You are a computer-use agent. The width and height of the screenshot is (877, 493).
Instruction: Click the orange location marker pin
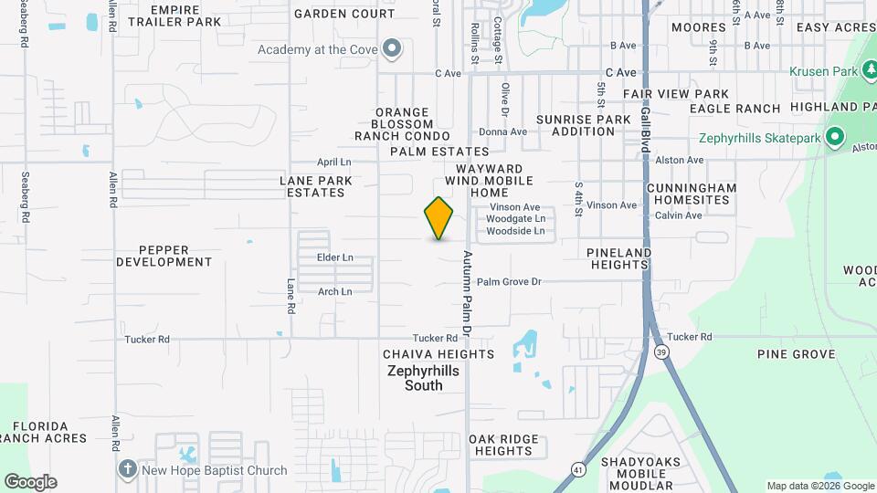(x=438, y=217)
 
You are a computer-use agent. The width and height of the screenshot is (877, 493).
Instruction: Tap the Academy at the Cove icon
(x=393, y=48)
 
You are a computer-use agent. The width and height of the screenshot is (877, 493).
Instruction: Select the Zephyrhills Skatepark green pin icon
(x=834, y=139)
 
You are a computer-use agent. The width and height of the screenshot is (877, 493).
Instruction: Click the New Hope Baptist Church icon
(x=128, y=469)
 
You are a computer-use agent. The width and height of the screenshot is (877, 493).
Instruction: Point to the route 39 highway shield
(x=660, y=351)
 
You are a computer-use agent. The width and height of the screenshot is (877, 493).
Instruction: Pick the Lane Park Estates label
(x=316, y=186)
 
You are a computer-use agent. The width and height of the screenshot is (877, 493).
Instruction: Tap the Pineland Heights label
(x=618, y=258)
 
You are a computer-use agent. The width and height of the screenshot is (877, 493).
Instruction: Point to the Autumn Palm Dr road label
(x=466, y=292)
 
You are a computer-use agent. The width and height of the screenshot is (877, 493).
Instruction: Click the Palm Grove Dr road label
(x=509, y=282)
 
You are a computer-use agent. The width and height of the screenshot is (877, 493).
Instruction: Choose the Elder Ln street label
(x=334, y=257)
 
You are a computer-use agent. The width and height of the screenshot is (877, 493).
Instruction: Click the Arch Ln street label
(x=334, y=292)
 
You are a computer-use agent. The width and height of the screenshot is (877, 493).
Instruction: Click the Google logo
(x=30, y=481)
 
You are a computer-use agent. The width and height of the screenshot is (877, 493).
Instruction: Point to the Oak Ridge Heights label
(x=504, y=445)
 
